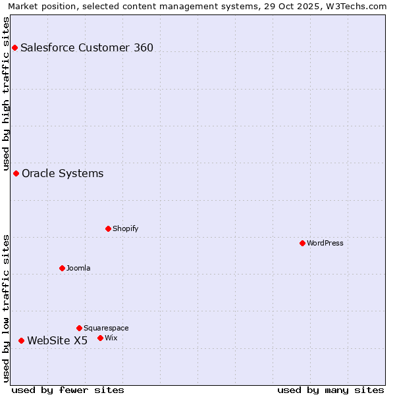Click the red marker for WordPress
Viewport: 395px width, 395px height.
(302, 243)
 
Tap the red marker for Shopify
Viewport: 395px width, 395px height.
(108, 228)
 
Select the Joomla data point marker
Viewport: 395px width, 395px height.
(62, 268)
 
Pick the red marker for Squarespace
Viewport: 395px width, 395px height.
(79, 328)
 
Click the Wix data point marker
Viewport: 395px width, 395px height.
(100, 338)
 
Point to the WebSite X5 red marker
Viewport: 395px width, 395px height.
(21, 340)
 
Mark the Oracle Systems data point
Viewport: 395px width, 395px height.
(16, 173)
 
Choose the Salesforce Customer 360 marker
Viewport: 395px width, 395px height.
(14, 47)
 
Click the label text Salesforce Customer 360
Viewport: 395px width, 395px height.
(87, 47)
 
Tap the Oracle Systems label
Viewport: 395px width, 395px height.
(63, 173)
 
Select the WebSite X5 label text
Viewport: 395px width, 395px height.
(57, 340)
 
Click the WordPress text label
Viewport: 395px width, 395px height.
(325, 243)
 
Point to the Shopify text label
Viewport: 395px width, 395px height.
(125, 228)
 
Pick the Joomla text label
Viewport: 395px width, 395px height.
(78, 268)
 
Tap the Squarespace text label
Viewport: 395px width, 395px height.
(106, 328)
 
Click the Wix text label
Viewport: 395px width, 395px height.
(111, 338)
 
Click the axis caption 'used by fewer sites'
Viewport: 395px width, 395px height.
(68, 390)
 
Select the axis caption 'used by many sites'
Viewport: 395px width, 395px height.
(330, 390)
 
